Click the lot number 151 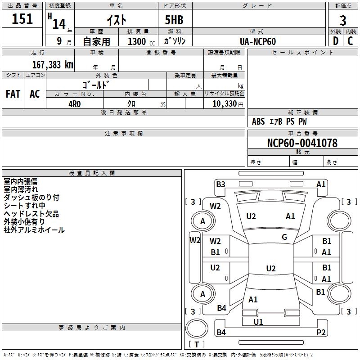click(x=22, y=19)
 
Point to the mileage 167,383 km click(x=52, y=65)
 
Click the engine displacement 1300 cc click(x=140, y=41)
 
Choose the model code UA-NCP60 click(x=258, y=41)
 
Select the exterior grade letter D click(x=335, y=41)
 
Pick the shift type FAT click(x=13, y=94)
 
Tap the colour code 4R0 click(x=74, y=103)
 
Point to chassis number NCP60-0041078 click(x=302, y=143)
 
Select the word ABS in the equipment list click(x=258, y=121)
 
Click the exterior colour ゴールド click(x=96, y=85)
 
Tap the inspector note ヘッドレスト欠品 click(x=31, y=214)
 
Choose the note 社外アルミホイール click(x=34, y=230)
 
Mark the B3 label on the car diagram click(x=220, y=184)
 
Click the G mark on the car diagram click(x=284, y=237)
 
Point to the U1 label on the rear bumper click(x=258, y=322)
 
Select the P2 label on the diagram click(x=321, y=333)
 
